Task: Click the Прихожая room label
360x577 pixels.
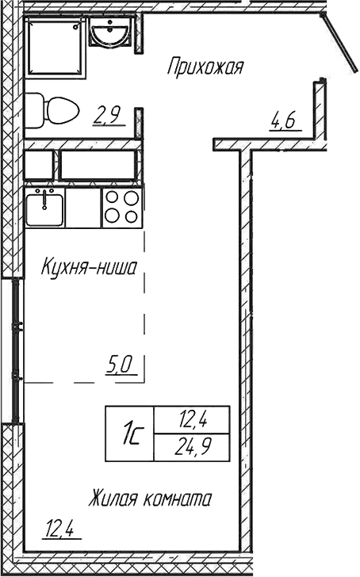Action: click(203, 67)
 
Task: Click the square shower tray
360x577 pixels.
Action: click(55, 48)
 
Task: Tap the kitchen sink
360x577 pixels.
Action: click(44, 208)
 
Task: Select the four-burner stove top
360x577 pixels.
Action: click(122, 208)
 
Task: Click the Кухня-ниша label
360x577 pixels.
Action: click(89, 268)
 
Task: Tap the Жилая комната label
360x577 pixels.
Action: click(149, 499)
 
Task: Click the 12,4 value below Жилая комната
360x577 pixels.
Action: click(64, 526)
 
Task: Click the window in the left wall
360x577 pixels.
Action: click(15, 349)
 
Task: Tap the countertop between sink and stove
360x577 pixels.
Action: click(83, 208)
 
